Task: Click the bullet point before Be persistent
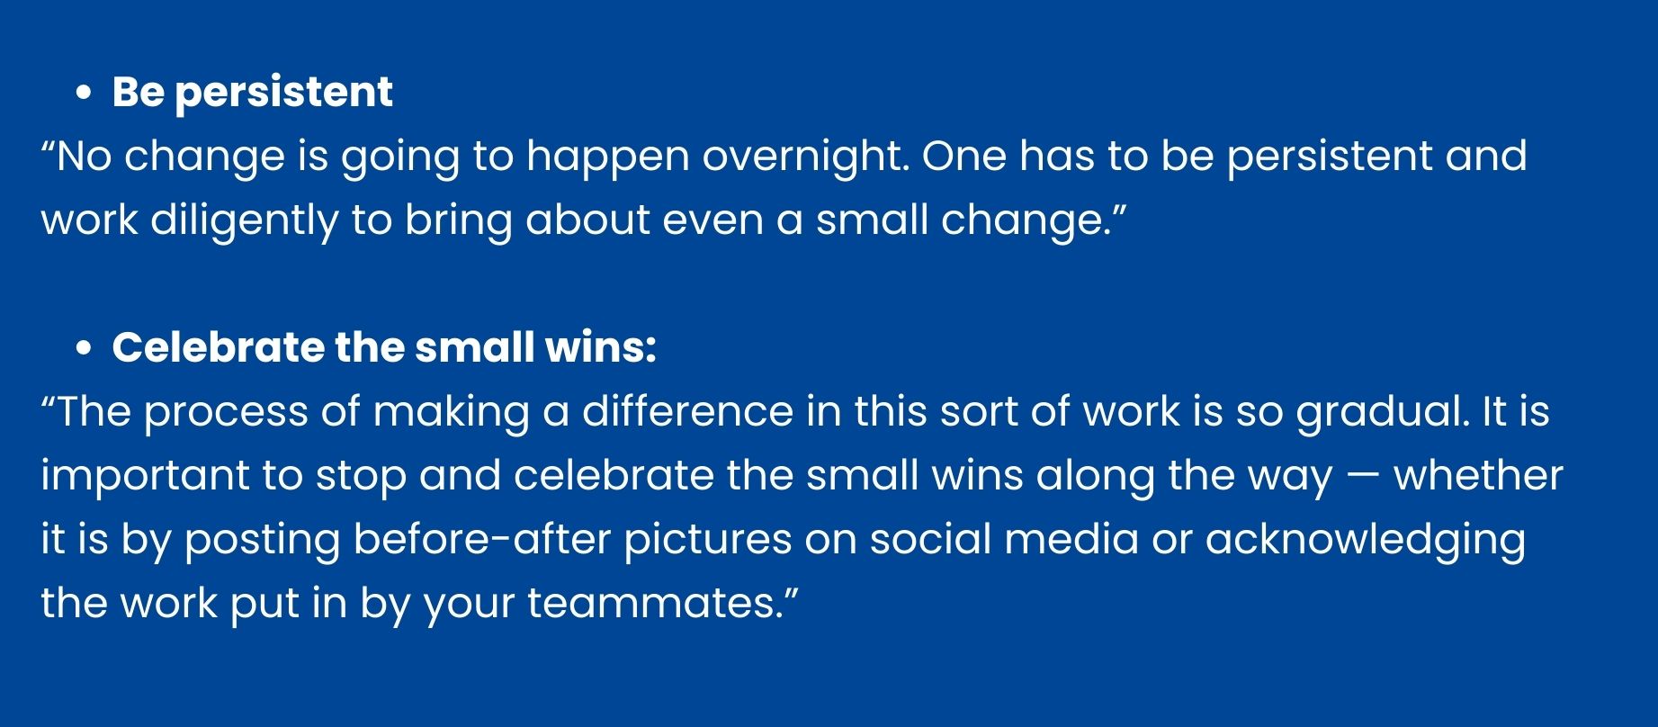point(84,93)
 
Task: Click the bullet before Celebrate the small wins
point(84,348)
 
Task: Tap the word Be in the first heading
point(138,92)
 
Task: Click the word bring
point(458,220)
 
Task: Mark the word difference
point(687,411)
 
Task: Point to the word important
point(145,475)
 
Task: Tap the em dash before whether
point(1363,477)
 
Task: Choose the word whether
point(1479,475)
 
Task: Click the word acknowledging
point(1366,541)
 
